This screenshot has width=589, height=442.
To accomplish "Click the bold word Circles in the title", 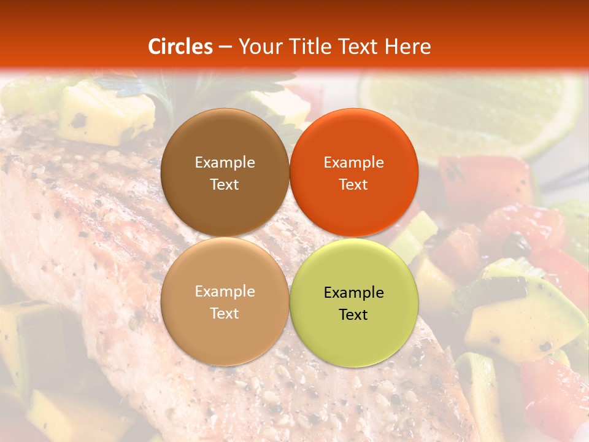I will coord(180,46).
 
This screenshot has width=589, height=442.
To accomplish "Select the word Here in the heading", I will coord(407,46).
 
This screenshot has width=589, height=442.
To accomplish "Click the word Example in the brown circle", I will coord(225,162).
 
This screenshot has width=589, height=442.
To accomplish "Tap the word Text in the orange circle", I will coord(353,184).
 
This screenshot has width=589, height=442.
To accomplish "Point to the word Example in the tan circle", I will coord(225,291).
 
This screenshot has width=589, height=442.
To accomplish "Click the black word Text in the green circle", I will coord(353,314).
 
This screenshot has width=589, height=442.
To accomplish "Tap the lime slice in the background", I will coord(472,110).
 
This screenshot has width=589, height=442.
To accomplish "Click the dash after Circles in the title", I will coord(225,47).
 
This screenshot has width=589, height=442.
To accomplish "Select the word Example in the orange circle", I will coord(353,162).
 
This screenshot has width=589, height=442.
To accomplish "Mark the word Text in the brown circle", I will coord(225,184).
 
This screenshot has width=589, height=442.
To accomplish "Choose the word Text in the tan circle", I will coord(225,313).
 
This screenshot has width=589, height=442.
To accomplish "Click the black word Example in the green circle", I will coord(353,292).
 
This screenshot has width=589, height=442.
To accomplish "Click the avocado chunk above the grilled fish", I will coord(104,114).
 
